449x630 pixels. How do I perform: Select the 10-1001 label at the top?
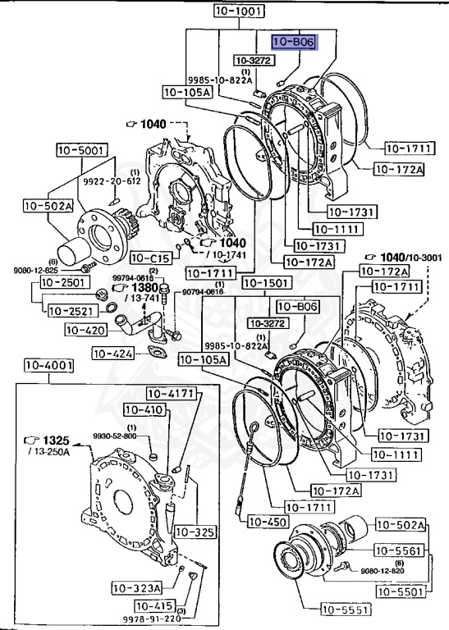coord(240,12)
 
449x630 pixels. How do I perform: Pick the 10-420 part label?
coord(84,331)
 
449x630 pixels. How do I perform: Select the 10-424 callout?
coord(113,354)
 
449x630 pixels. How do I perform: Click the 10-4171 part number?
coord(172,394)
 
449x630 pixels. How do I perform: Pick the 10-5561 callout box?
coord(401,550)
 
